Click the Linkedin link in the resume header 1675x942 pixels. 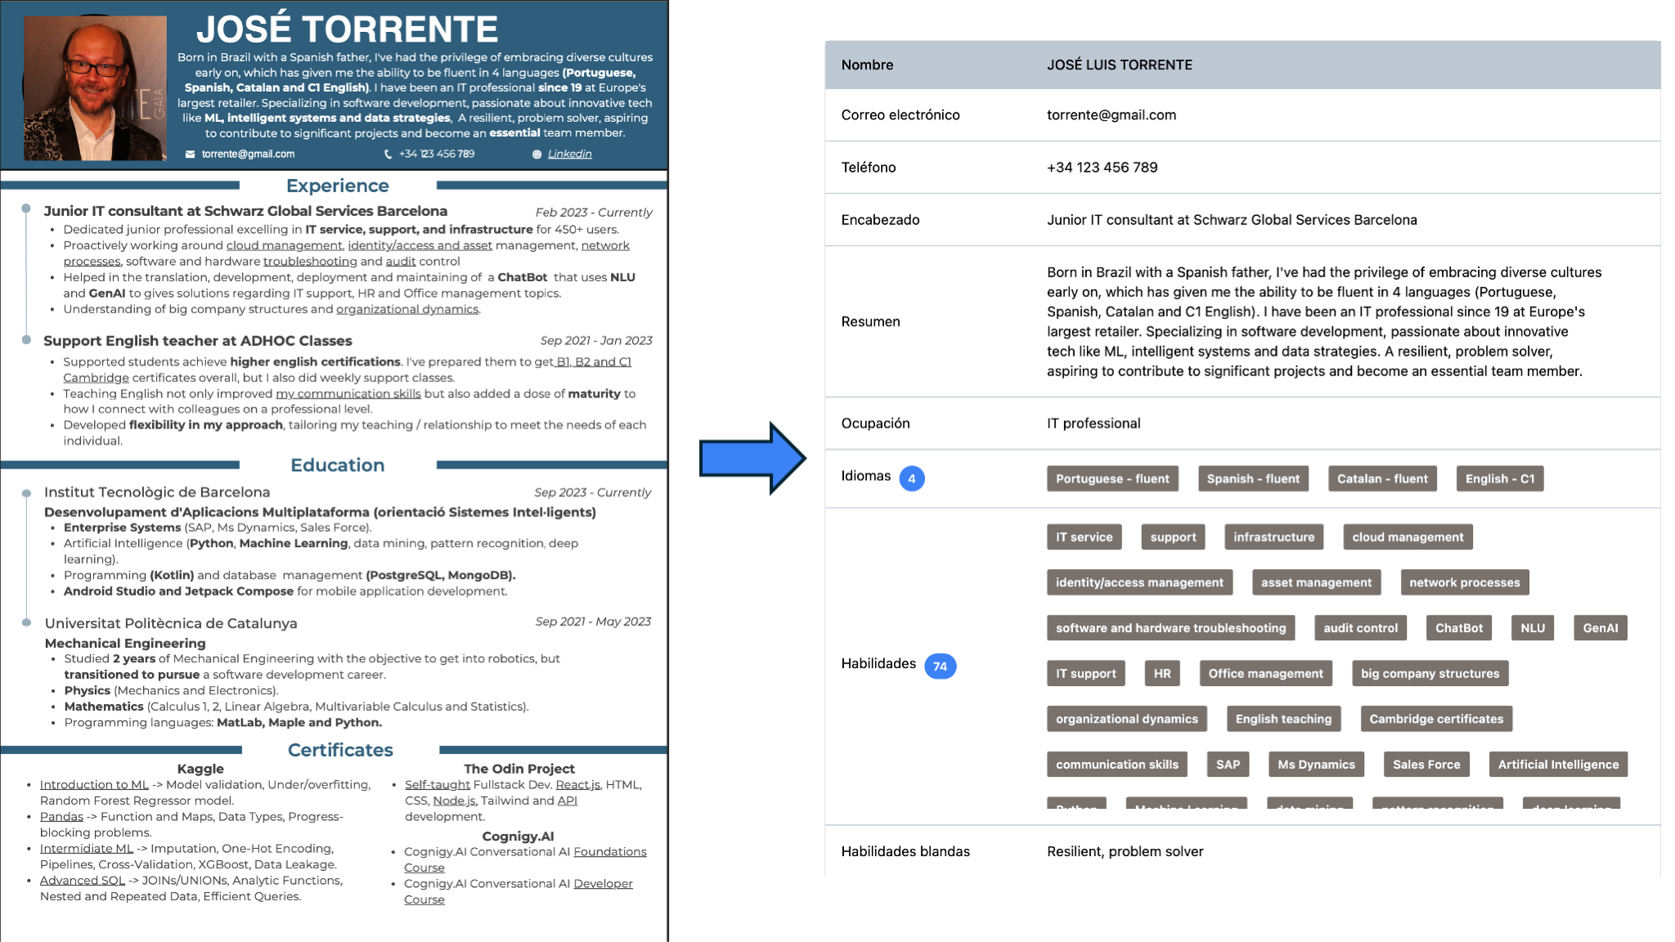(569, 154)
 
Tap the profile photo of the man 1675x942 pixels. (95, 88)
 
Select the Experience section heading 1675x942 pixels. (337, 186)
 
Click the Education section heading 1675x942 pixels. (337, 465)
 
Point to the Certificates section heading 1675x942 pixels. (340, 750)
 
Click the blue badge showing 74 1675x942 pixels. (940, 666)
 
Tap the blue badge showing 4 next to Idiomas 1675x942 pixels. (912, 478)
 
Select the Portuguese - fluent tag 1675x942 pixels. (1112, 478)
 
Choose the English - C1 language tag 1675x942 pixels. (1499, 478)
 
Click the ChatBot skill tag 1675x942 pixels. (1458, 628)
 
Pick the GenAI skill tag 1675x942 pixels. (1600, 628)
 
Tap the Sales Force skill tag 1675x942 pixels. (1426, 765)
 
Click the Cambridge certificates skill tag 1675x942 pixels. (1436, 719)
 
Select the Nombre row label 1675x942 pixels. (867, 65)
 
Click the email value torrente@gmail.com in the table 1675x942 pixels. (1111, 115)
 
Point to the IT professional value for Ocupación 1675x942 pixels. (1093, 424)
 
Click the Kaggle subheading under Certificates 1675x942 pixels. (200, 769)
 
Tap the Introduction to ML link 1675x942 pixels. (94, 785)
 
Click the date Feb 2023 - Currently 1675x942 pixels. (594, 213)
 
